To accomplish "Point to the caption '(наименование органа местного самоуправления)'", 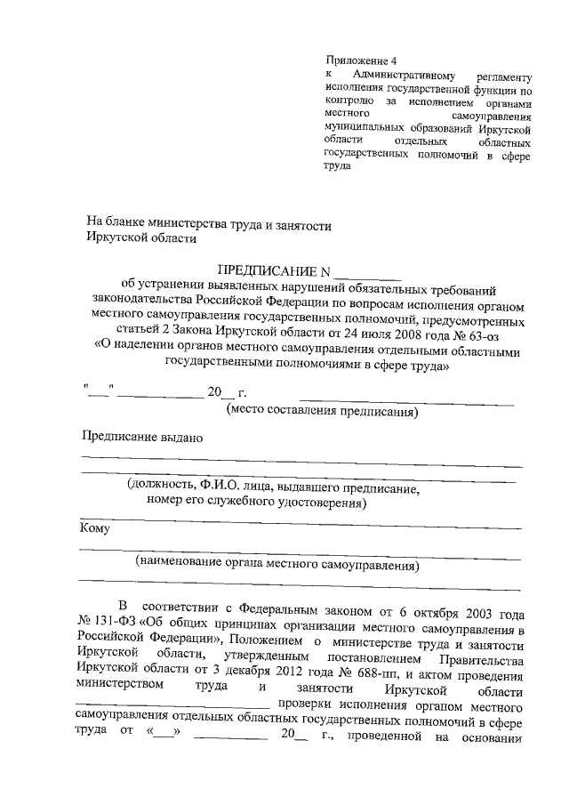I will (x=276, y=564).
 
